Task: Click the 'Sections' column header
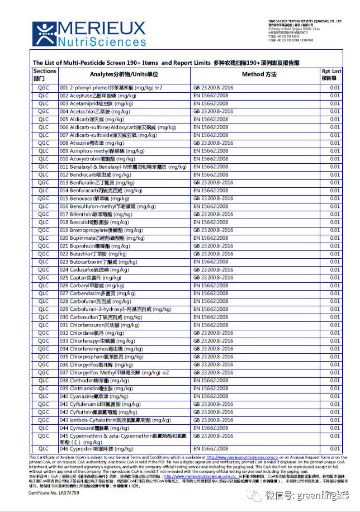[45, 75]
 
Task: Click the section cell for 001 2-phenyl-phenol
[44, 88]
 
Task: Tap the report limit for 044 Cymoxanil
[334, 428]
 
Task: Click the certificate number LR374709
[54, 492]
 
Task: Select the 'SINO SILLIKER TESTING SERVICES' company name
[305, 20]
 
